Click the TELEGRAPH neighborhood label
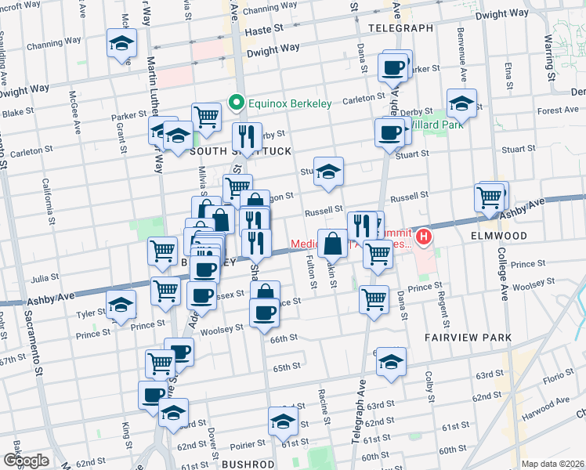400,28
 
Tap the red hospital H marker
425,236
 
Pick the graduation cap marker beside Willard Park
462,104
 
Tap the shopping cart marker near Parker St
206,117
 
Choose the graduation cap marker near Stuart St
329,172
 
